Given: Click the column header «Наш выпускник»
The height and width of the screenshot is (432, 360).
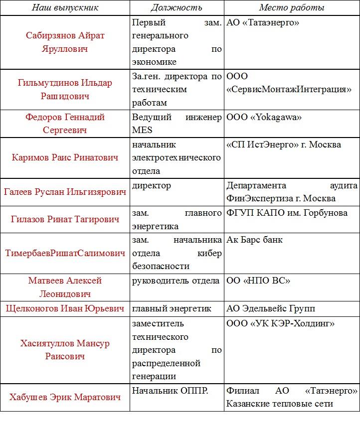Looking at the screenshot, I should (x=65, y=8).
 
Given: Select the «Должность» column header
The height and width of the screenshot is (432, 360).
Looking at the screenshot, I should (x=177, y=8).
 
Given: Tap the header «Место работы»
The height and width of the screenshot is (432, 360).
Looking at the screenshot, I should (x=292, y=8).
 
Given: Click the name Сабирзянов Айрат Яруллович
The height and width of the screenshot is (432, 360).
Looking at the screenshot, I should (x=65, y=42).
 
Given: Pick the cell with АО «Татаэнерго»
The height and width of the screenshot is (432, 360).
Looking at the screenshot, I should (x=263, y=23).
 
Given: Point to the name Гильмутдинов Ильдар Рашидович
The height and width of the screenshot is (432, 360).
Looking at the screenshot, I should (x=65, y=89).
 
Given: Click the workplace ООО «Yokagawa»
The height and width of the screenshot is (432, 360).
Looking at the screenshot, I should (x=264, y=118).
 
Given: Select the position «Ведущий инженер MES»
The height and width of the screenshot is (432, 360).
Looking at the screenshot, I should (x=177, y=124).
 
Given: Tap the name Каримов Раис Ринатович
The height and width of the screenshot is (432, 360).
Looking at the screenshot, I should (x=65, y=157).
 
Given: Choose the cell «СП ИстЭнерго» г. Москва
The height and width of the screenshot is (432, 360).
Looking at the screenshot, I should (x=284, y=144).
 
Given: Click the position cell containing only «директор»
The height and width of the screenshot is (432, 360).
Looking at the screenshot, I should (x=152, y=185).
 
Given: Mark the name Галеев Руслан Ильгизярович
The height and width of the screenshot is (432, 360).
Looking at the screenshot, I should (x=65, y=192).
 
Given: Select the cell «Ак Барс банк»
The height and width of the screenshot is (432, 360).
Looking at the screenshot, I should (x=254, y=240).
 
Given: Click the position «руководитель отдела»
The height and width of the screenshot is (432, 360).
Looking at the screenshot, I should (x=176, y=281).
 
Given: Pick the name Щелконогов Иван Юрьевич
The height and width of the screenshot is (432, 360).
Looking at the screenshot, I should (x=65, y=308).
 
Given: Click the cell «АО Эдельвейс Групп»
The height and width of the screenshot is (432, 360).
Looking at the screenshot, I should (x=271, y=308).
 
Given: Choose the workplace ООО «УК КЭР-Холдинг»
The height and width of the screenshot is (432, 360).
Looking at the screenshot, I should (x=280, y=324).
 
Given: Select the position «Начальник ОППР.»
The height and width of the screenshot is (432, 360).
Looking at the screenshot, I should (x=170, y=391).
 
